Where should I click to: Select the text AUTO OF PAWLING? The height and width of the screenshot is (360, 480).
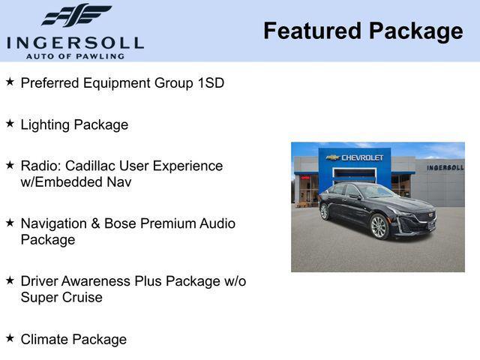tap(75, 56)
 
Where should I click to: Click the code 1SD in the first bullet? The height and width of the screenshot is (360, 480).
tap(210, 83)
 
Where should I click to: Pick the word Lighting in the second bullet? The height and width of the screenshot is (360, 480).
tap(45, 125)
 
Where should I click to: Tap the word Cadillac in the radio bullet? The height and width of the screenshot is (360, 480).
tap(89, 166)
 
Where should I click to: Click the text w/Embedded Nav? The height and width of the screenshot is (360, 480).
tap(76, 182)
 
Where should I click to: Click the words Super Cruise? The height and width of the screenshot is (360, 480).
tap(61, 298)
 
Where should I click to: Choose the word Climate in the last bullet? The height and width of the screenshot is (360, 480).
tap(46, 340)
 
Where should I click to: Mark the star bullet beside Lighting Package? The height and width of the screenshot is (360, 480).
tap(10, 123)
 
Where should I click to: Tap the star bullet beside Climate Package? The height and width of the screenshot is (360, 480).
tap(10, 337)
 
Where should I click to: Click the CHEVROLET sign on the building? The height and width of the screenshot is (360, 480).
tap(357, 157)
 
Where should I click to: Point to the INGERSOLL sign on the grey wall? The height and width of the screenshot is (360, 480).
tap(445, 167)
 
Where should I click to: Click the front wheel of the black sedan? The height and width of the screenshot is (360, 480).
tap(378, 226)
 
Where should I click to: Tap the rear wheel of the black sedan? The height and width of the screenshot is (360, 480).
tap(325, 211)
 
